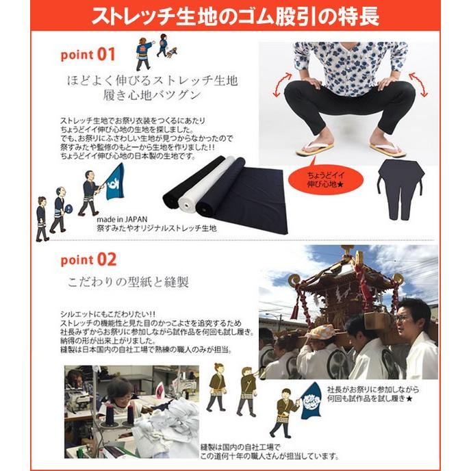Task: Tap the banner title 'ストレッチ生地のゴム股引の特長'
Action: coord(235,15)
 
